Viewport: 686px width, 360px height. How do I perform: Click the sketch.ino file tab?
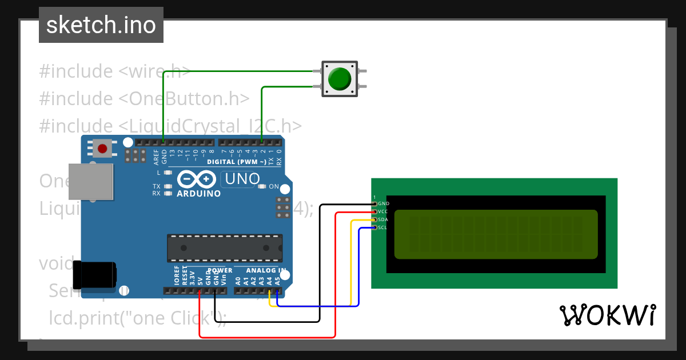click(x=101, y=25)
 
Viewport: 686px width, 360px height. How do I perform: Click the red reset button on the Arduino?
click(x=102, y=149)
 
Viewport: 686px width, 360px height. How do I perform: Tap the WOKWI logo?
click(x=607, y=315)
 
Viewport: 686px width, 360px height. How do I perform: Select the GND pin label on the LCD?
click(x=383, y=203)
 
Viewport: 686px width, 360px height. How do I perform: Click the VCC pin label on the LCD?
click(x=383, y=211)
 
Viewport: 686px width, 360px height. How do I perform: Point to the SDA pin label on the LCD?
click(x=383, y=219)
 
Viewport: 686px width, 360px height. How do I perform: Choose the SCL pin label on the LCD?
click(x=383, y=227)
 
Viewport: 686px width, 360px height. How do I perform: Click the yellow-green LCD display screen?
click(x=496, y=234)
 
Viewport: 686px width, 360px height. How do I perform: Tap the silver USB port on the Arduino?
click(x=90, y=182)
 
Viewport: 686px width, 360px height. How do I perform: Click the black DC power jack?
click(x=98, y=275)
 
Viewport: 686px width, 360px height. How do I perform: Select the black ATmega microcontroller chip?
click(x=224, y=248)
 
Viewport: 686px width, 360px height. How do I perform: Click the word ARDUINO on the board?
click(x=198, y=194)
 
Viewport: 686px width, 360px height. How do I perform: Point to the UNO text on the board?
click(x=242, y=179)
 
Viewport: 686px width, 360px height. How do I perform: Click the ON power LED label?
click(x=274, y=187)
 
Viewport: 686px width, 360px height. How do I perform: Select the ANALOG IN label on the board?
click(x=266, y=270)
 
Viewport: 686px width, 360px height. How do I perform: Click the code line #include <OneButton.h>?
click(x=144, y=98)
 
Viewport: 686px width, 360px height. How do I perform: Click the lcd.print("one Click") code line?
click(x=137, y=318)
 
